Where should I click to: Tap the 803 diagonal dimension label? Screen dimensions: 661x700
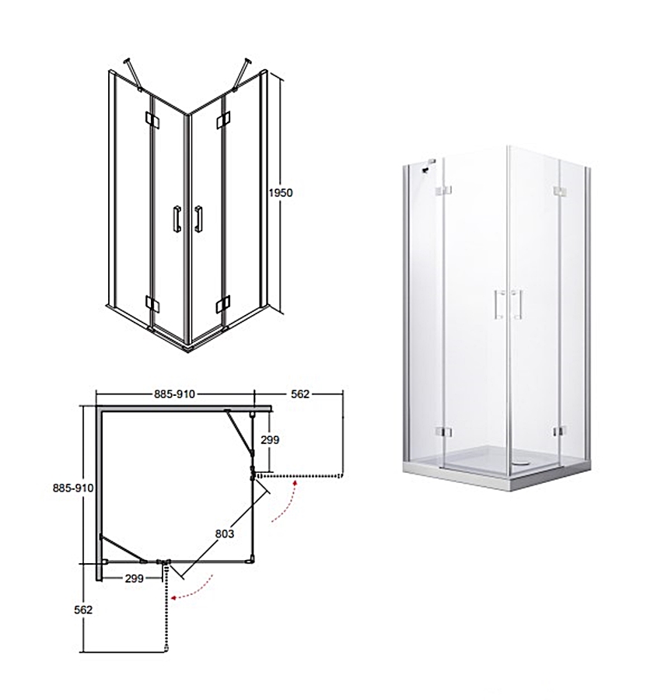[x=225, y=534]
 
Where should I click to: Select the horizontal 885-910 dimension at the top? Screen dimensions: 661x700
[x=174, y=394]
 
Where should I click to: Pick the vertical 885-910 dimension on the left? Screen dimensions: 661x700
[x=73, y=488]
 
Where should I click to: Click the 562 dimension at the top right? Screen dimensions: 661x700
[x=300, y=394]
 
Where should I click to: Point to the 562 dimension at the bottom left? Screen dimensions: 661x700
[x=83, y=609]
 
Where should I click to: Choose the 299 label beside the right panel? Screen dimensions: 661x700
[x=270, y=439]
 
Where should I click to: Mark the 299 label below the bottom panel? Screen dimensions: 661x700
[x=134, y=579]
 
